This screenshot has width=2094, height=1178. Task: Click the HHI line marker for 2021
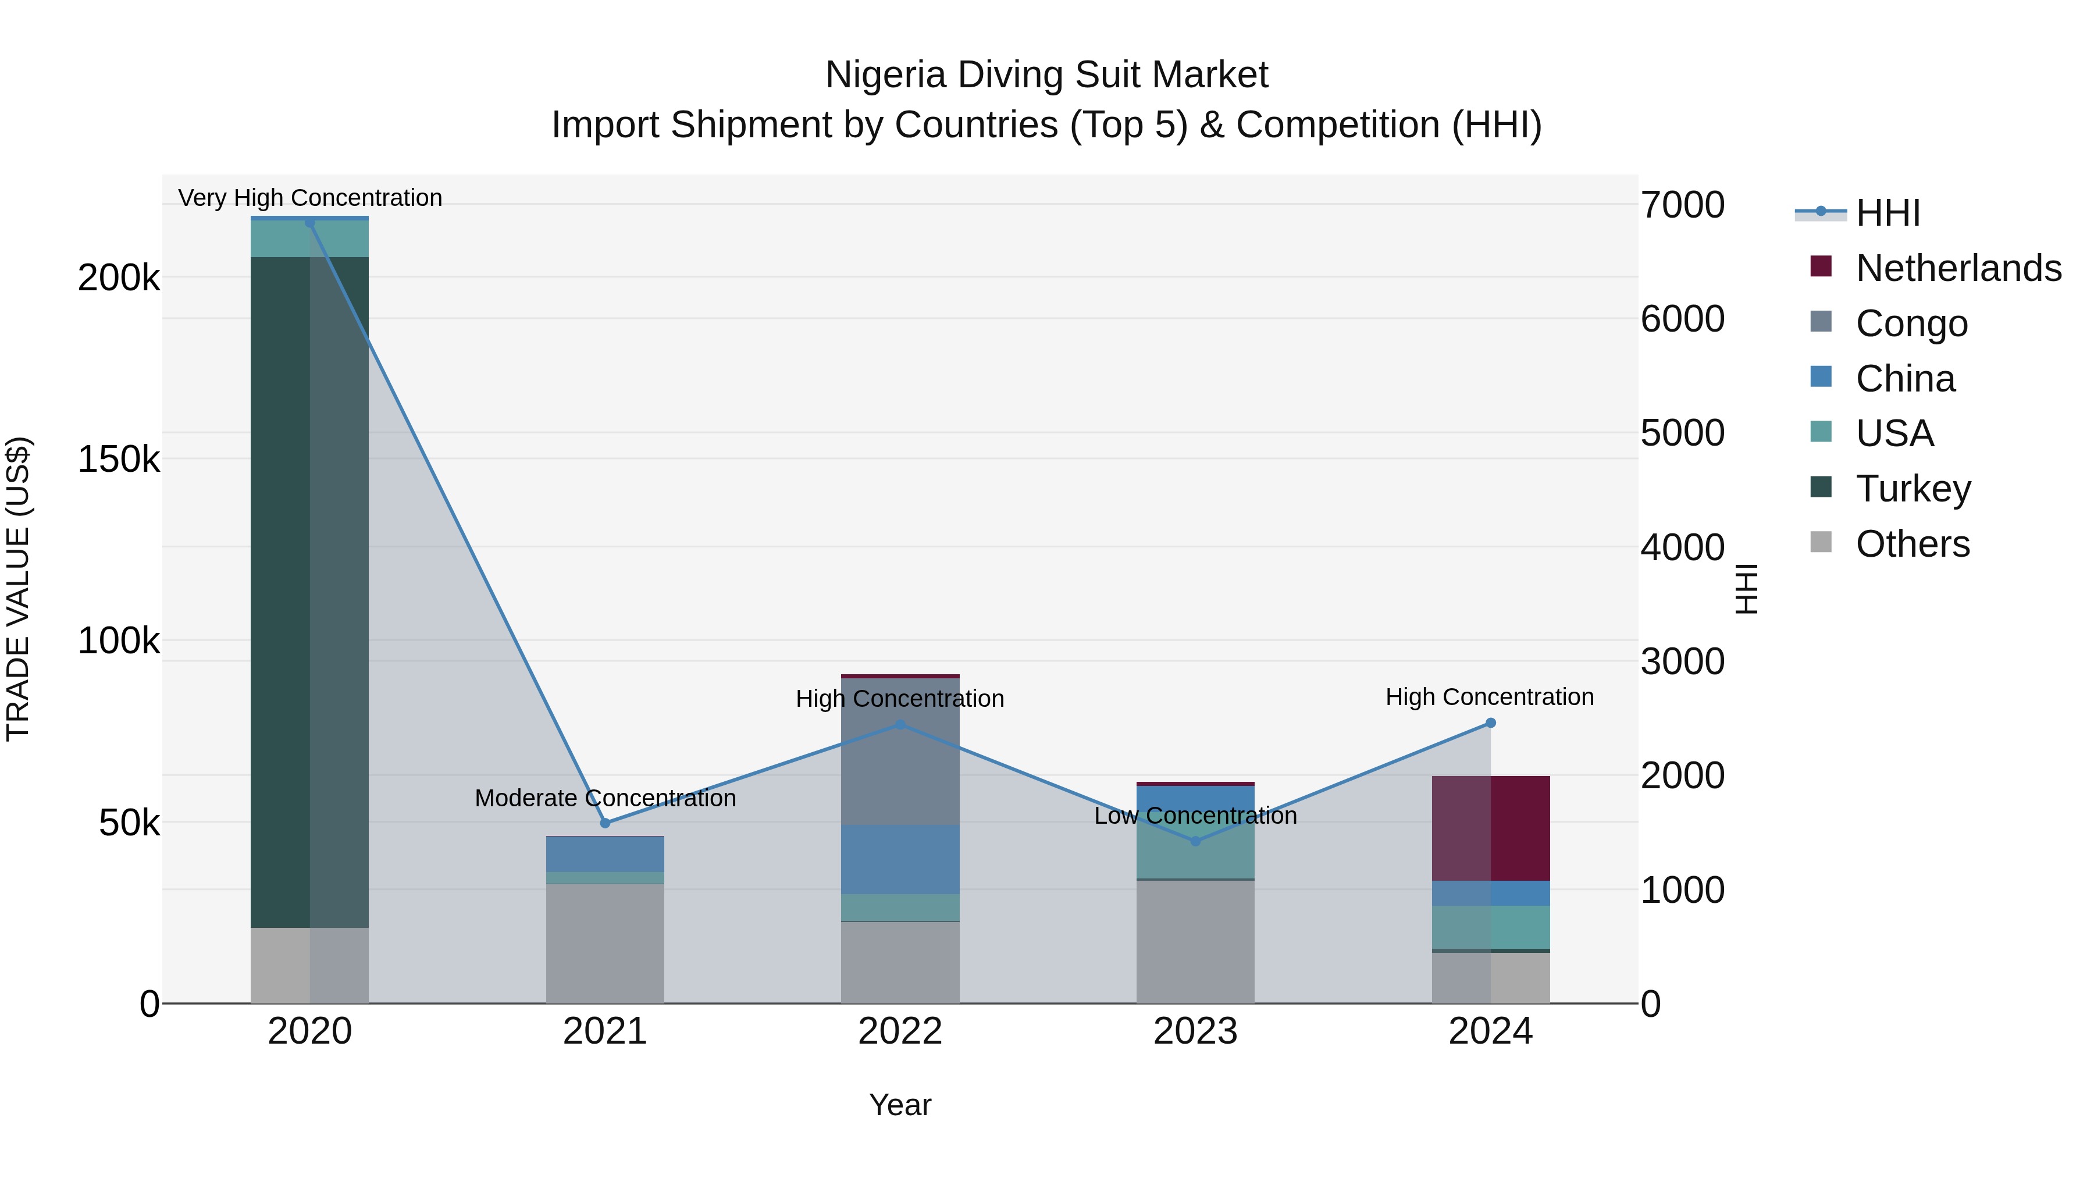tap(605, 823)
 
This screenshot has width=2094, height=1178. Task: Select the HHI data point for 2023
tap(1195, 841)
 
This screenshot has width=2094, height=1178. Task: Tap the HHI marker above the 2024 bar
tap(1490, 723)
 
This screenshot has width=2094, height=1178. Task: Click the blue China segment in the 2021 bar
tap(605, 853)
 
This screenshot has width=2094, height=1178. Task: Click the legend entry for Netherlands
tap(1957, 268)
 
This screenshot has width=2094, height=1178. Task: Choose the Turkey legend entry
tap(1912, 489)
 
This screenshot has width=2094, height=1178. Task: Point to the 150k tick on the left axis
tap(119, 460)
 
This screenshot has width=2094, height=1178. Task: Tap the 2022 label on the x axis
tap(900, 1031)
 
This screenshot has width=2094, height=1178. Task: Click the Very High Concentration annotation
tap(309, 198)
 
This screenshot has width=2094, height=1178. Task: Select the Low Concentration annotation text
tap(1195, 816)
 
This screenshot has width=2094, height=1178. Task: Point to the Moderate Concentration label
tap(605, 798)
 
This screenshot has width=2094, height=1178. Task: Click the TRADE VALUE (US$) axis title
tap(18, 589)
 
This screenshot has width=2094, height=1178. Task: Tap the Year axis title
tap(900, 1105)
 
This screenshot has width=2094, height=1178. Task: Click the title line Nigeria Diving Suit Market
tap(1046, 75)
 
